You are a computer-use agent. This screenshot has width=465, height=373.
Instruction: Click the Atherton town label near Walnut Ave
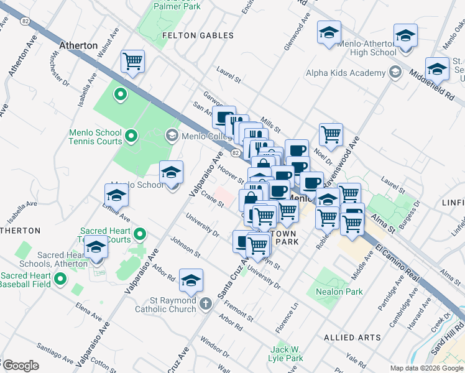[x=78, y=45]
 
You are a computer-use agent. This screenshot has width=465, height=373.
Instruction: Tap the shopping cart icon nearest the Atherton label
[x=132, y=62]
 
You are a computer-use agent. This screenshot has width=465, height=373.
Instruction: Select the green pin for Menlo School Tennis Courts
[x=131, y=135]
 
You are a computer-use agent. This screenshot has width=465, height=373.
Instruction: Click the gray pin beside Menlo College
[x=172, y=135]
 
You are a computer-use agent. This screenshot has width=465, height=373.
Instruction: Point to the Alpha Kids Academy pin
[x=394, y=73]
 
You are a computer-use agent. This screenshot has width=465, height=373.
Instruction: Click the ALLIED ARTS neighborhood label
[x=352, y=337]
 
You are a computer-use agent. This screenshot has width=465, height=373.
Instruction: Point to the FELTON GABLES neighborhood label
[x=198, y=35]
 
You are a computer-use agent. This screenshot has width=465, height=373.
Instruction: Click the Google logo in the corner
[x=21, y=366]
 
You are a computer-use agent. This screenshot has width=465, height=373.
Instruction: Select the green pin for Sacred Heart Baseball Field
[x=60, y=279]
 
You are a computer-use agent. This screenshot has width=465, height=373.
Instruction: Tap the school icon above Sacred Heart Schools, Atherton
[x=96, y=247]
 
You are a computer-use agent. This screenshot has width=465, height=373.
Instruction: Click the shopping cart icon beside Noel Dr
[x=331, y=134]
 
